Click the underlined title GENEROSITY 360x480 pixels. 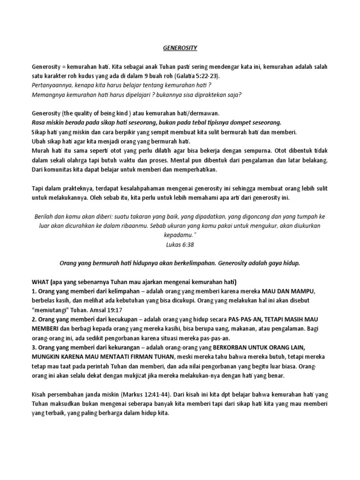pyautogui.click(x=180, y=48)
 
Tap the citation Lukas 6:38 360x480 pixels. pyautogui.click(x=180, y=244)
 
